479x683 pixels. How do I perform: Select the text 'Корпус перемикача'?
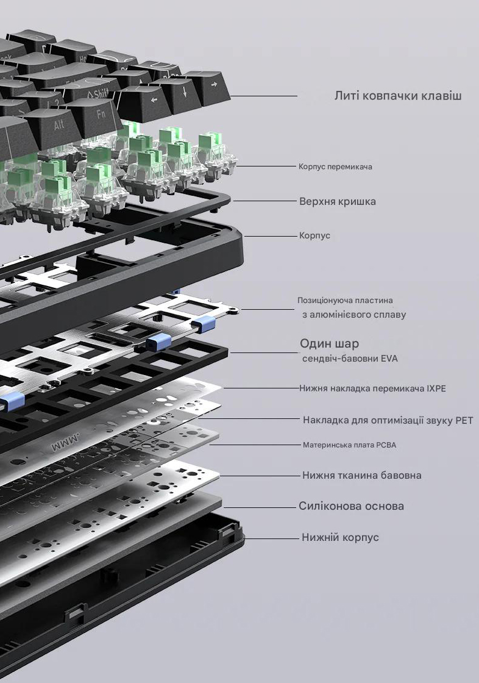(x=335, y=166)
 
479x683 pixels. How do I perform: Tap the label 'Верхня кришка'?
(x=337, y=201)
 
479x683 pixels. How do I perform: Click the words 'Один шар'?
(x=329, y=343)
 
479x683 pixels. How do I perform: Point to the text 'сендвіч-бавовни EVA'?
(x=350, y=359)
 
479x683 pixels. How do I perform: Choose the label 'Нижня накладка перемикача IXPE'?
(x=372, y=388)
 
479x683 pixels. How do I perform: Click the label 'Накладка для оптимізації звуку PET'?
(x=388, y=420)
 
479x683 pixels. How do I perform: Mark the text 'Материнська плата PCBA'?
(x=349, y=445)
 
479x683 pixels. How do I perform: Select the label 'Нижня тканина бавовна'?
(x=361, y=475)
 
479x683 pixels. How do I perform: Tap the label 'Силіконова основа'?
(x=351, y=506)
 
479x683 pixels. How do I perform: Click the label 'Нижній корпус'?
(x=340, y=537)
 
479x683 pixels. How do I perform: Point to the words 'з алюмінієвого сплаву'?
(x=353, y=315)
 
